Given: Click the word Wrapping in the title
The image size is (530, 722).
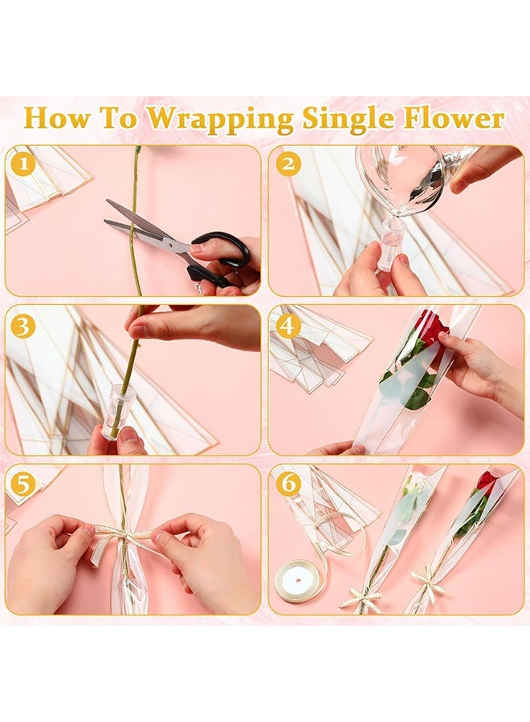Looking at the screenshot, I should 220,119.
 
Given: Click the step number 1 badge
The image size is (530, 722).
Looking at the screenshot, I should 23,164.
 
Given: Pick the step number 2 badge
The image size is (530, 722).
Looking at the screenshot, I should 288,164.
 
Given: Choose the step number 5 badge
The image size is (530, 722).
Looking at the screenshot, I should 23,484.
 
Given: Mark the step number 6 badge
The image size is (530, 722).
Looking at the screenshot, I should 288,484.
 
